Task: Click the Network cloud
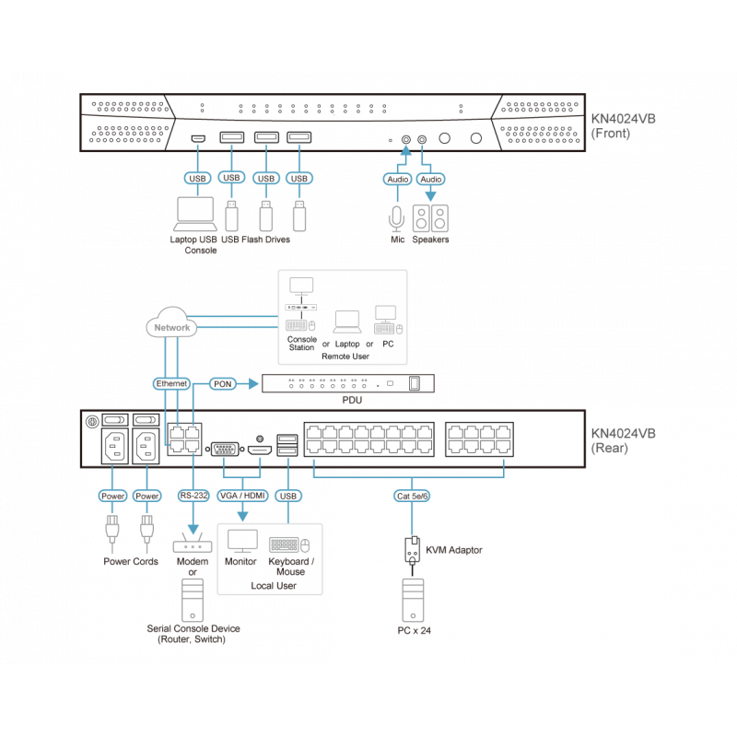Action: coord(171,325)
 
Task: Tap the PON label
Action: coord(223,382)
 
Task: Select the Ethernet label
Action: coord(171,382)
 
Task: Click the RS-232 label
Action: coord(193,496)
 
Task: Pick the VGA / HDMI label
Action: coord(243,496)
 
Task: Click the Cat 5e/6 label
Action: coord(412,496)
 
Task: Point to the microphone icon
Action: coord(396,217)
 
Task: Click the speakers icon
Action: coord(431,217)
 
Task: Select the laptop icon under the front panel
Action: coord(196,214)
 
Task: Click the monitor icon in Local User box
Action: coord(243,541)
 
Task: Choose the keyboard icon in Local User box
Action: coord(286,544)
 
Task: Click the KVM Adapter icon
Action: coord(412,549)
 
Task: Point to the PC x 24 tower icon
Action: coord(412,600)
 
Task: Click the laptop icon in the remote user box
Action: coord(346,321)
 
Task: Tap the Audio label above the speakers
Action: coord(430,179)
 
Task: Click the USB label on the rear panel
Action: coord(288,496)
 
